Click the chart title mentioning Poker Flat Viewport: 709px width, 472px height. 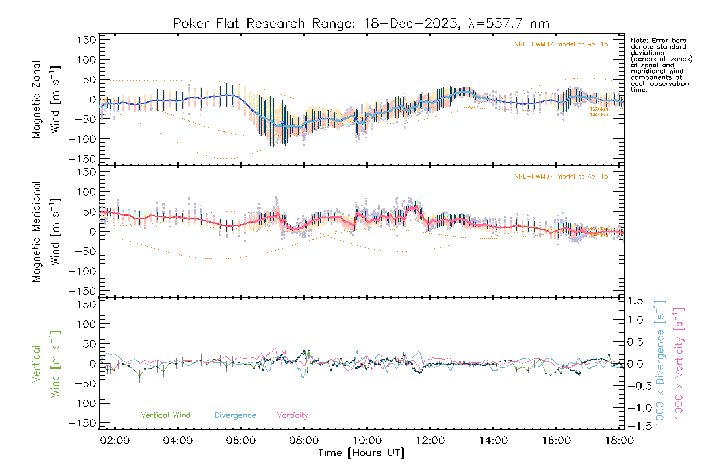point(361,24)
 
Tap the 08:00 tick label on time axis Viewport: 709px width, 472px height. point(304,441)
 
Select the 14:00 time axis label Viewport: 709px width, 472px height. point(493,441)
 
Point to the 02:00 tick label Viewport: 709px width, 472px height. point(115,441)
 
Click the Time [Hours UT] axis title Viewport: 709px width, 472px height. point(361,453)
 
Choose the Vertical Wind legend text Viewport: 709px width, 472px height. point(165,415)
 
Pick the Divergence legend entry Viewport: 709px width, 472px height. point(235,415)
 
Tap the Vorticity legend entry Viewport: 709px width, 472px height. point(292,415)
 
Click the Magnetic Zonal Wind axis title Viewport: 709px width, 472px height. point(46,100)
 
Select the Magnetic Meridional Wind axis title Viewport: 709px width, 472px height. point(46,232)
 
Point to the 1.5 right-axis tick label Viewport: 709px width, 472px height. point(635,301)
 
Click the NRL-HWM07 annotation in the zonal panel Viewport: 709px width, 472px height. point(561,44)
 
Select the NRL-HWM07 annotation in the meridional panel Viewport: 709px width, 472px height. point(561,177)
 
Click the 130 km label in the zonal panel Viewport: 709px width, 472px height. point(599,115)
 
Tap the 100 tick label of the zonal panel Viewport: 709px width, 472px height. point(86,60)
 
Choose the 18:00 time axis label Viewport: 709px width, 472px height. point(619,441)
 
